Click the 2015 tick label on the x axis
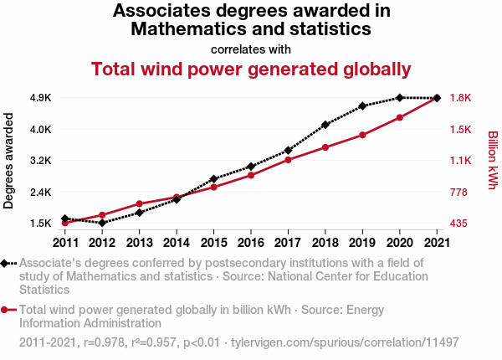tap(213, 243)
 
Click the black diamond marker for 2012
tap(102, 223)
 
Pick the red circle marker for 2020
tap(400, 117)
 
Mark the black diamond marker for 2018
tap(325, 125)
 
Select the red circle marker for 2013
tap(139, 204)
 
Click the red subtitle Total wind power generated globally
tap(251, 69)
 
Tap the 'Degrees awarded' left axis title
tap(9, 161)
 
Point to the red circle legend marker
tap(6, 310)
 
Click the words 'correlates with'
tap(251, 49)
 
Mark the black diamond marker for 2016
tap(251, 167)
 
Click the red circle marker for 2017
tap(288, 160)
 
